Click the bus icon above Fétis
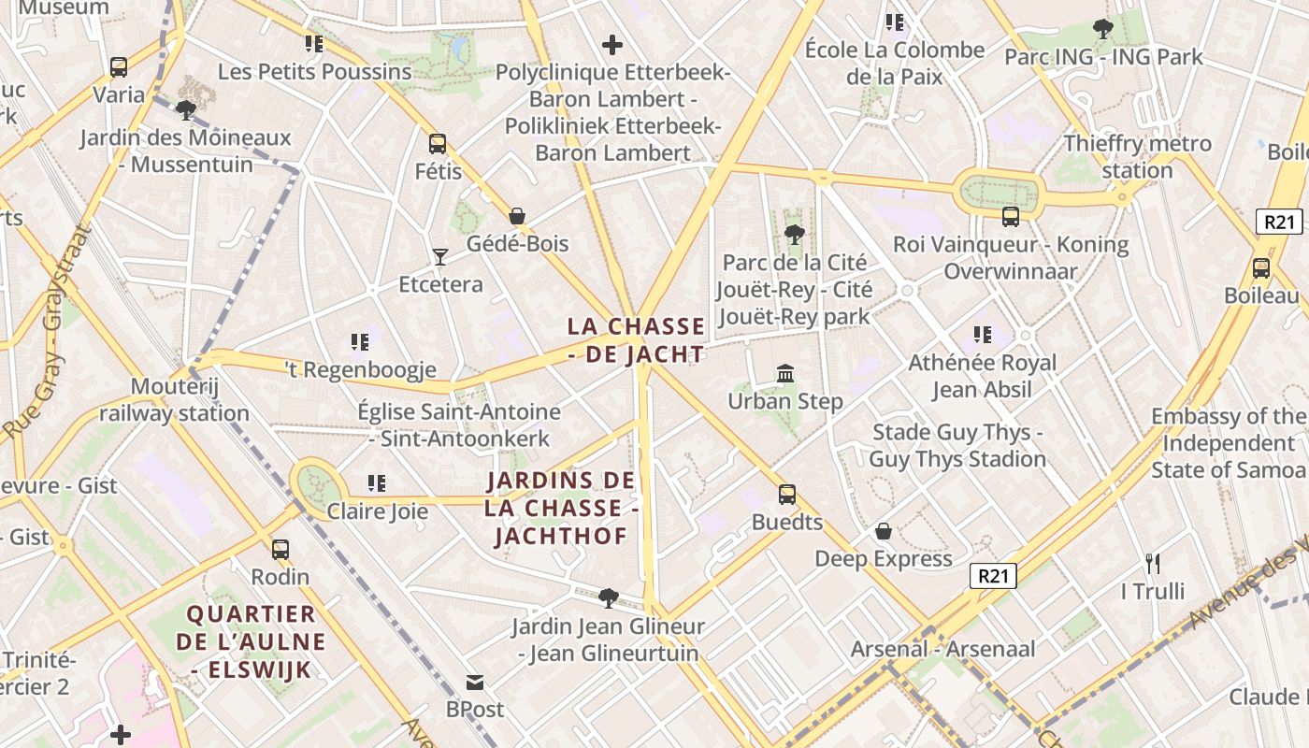[x=438, y=144]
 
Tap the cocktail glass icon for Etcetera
[x=440, y=256]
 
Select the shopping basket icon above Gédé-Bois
[x=517, y=216]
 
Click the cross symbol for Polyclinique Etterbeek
[x=612, y=44]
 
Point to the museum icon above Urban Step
[x=785, y=374]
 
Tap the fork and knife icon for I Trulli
[x=1153, y=564]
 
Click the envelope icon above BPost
[x=475, y=683]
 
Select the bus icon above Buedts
[x=787, y=495]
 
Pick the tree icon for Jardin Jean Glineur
[x=609, y=597]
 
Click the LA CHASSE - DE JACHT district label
[x=637, y=340]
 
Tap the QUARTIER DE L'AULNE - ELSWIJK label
[x=251, y=641]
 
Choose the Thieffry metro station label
[x=1137, y=157]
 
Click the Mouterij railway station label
[x=174, y=399]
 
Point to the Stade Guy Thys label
[x=957, y=445]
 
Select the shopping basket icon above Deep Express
[x=884, y=532]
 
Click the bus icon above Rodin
[x=280, y=550]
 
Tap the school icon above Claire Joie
[x=377, y=483]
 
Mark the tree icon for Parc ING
[x=1103, y=29]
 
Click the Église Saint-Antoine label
[x=459, y=424]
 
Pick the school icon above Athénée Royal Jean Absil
[x=983, y=335]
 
